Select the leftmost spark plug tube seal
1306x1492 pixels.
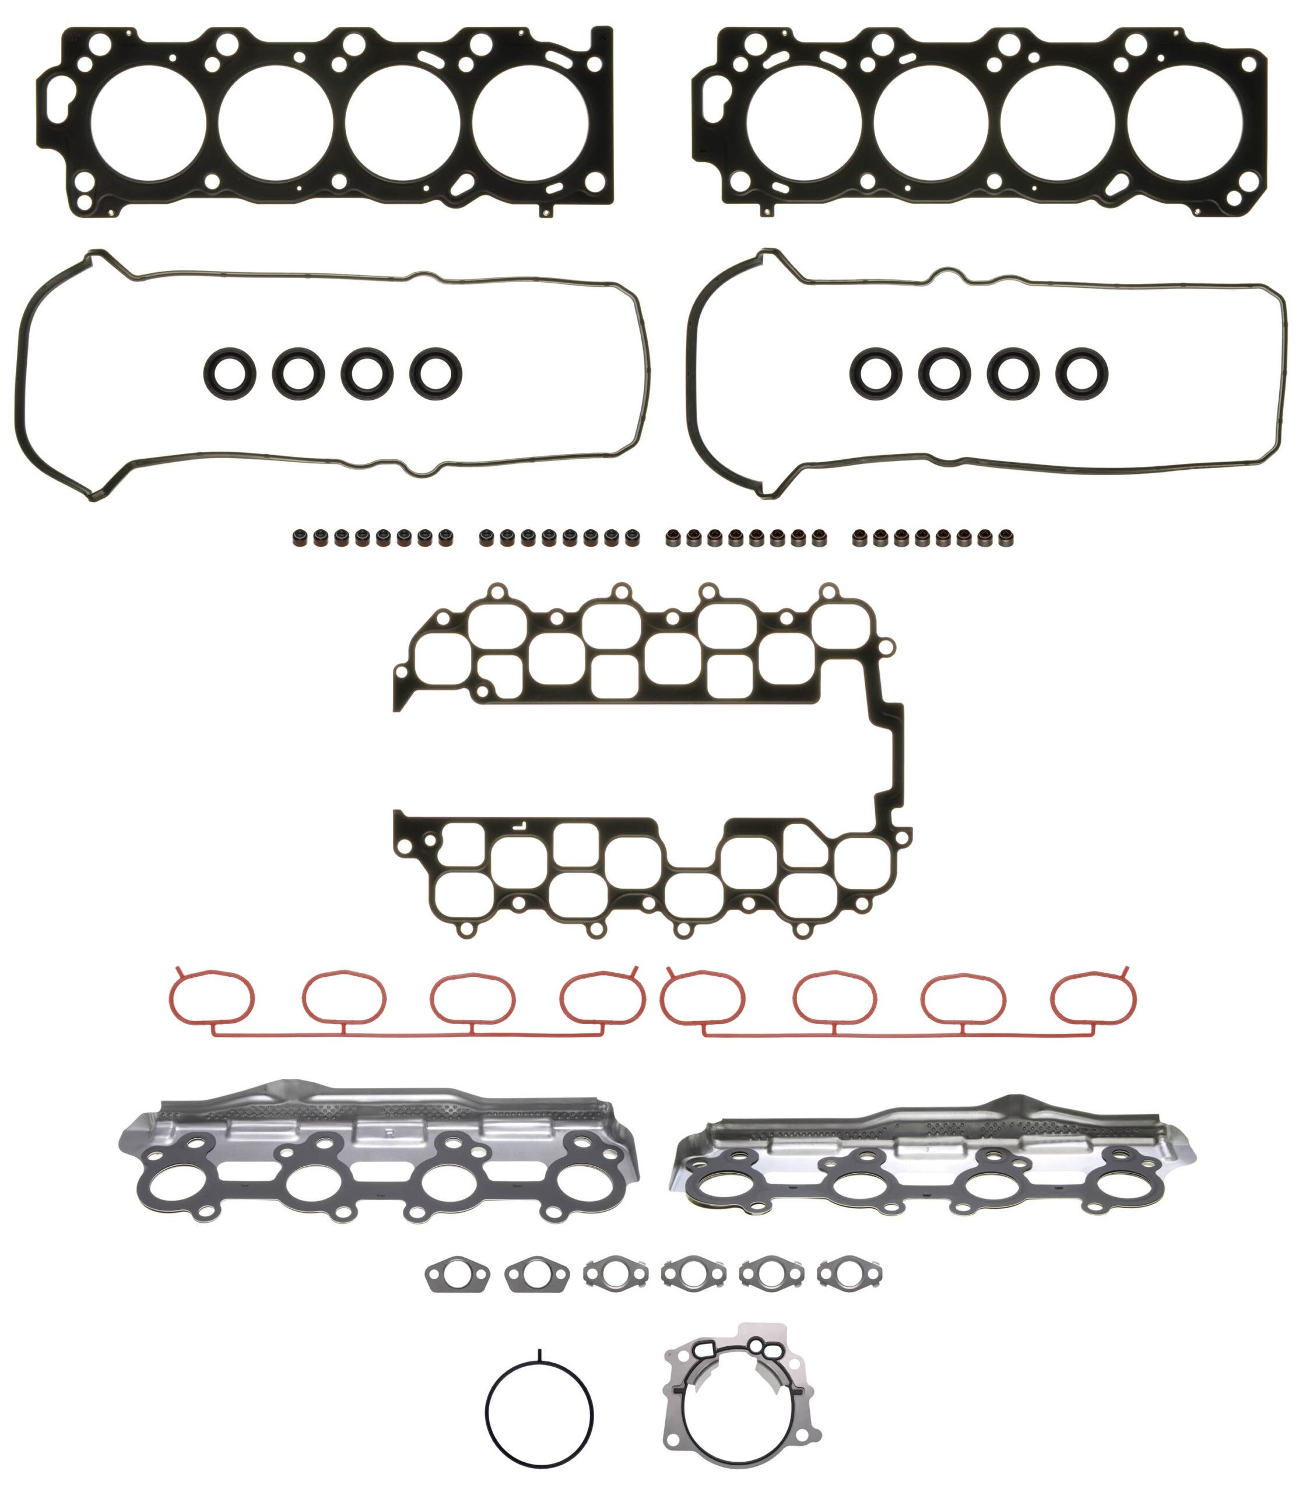click(230, 374)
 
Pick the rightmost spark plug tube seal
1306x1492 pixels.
click(1082, 374)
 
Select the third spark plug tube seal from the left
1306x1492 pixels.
click(367, 374)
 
